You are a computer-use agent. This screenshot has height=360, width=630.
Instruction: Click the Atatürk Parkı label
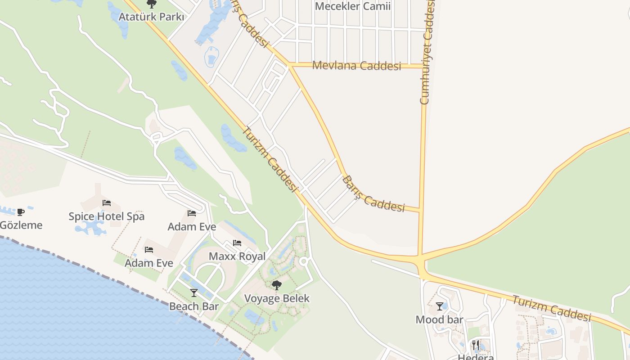point(151,17)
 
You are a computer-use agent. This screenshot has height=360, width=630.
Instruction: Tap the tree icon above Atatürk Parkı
point(152,4)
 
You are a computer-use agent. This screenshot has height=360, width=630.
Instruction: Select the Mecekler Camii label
point(352,6)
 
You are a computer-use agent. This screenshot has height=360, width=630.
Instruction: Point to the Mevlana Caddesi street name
point(356,66)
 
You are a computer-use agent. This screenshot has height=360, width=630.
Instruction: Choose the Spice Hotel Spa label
point(107,216)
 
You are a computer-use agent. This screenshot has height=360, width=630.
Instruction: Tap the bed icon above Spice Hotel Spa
point(107,203)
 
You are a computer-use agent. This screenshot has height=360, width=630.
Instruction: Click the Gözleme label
point(21,225)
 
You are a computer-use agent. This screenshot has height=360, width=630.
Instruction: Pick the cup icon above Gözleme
point(20,212)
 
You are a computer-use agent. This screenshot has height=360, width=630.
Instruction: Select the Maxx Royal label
point(237,256)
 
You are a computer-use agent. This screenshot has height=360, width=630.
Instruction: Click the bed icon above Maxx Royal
point(237,243)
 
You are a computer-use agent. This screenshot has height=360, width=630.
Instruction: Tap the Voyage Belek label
point(277,298)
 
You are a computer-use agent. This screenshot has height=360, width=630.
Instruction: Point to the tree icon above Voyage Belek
point(277,285)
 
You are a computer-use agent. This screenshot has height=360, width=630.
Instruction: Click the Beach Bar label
point(194,306)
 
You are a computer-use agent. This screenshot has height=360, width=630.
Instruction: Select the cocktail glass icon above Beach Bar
point(194,293)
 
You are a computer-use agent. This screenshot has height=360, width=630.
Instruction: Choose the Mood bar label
point(439,319)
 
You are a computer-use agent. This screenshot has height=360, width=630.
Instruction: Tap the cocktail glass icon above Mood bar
point(439,306)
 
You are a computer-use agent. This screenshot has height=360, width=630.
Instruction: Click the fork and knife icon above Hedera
point(476,346)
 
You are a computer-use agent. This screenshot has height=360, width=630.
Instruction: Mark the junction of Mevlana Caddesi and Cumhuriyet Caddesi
point(424,66)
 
